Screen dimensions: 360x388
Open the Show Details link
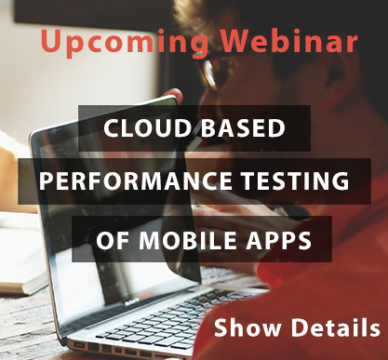coord(297,327)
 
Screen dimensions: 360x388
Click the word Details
coord(335,327)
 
